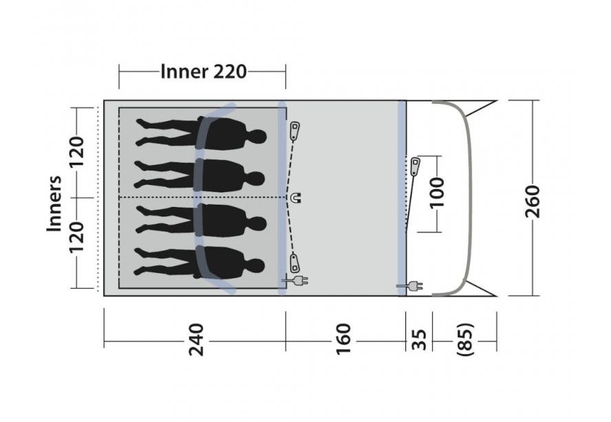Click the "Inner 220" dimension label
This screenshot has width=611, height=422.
[x=204, y=71]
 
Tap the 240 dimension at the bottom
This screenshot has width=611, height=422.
[x=196, y=340]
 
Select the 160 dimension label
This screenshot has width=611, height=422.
[x=343, y=339]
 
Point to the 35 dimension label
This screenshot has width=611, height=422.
[x=419, y=340]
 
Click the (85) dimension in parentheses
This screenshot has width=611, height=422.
[x=465, y=339]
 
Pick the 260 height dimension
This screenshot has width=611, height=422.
[x=533, y=201]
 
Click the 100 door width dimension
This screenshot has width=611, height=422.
[x=436, y=193]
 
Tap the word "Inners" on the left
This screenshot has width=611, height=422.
[x=54, y=203]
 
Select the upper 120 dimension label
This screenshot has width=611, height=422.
[x=76, y=151]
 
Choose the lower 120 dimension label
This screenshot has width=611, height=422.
[x=76, y=237]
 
